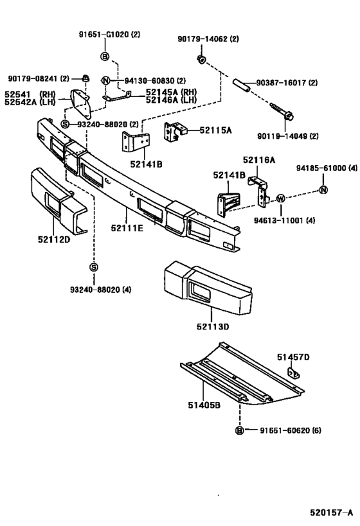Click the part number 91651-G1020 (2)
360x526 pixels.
(x=109, y=35)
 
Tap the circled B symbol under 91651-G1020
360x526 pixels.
(x=105, y=57)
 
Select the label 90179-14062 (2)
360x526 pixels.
(x=208, y=39)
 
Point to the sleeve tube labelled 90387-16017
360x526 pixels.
(x=242, y=85)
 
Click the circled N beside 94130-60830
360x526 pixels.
(x=105, y=80)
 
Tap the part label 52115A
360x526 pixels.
(x=215, y=130)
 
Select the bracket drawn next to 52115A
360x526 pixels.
(x=175, y=132)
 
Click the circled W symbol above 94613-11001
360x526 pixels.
(x=281, y=198)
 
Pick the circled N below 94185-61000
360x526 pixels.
(x=323, y=190)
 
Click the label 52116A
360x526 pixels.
(x=259, y=161)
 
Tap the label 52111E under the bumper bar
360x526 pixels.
(x=127, y=228)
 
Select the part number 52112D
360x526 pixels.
(x=54, y=240)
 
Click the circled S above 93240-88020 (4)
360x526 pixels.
(x=94, y=267)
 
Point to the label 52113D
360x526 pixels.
(x=213, y=326)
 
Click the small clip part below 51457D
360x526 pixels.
(x=294, y=373)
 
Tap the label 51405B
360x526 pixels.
(x=204, y=405)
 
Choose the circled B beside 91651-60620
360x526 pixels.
(x=239, y=430)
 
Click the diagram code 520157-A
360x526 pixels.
(x=331, y=513)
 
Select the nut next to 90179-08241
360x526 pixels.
(x=85, y=78)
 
